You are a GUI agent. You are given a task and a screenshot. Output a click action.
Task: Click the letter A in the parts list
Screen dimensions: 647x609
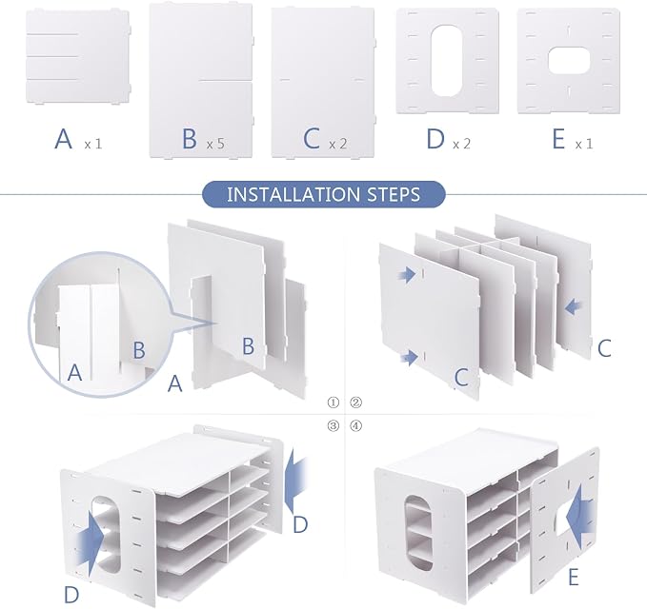tap(64, 139)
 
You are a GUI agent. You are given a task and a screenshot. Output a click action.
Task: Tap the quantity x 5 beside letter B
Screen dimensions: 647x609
tap(215, 144)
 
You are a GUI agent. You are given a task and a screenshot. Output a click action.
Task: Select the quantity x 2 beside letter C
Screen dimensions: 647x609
tap(338, 144)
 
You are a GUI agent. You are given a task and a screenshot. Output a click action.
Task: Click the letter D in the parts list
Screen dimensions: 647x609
tap(435, 139)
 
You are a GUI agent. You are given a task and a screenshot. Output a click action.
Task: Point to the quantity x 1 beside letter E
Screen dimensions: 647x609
tap(584, 144)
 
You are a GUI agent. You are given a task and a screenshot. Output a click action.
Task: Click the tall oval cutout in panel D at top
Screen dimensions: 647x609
tap(447, 61)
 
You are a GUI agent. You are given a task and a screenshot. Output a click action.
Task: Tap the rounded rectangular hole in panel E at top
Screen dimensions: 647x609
tap(568, 60)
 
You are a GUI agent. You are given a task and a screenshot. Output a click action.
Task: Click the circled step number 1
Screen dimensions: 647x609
tap(333, 403)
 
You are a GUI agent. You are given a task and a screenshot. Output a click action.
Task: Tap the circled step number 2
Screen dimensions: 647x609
tap(356, 403)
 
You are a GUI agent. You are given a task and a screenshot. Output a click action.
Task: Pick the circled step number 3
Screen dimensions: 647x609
tap(333, 425)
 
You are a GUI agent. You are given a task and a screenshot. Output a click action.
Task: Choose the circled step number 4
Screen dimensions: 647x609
tap(356, 425)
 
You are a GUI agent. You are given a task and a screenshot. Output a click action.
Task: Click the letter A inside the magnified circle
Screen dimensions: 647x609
tap(74, 372)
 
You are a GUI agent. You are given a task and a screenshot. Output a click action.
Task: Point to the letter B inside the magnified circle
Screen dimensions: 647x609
tap(139, 350)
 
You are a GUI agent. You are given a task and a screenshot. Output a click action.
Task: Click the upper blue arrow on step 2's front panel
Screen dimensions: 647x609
tap(407, 274)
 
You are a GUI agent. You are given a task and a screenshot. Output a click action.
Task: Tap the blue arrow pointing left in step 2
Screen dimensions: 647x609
tap(573, 307)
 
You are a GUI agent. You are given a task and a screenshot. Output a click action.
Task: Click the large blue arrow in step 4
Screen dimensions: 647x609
tap(580, 515)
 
